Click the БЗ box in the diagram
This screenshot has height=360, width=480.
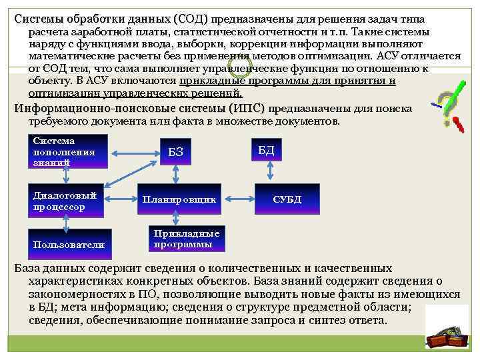175,155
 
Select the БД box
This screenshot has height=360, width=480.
265,150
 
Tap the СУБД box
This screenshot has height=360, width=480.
287,199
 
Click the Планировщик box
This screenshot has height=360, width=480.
178,199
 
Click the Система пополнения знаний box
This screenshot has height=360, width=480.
67,151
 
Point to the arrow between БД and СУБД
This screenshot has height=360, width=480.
269,171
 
